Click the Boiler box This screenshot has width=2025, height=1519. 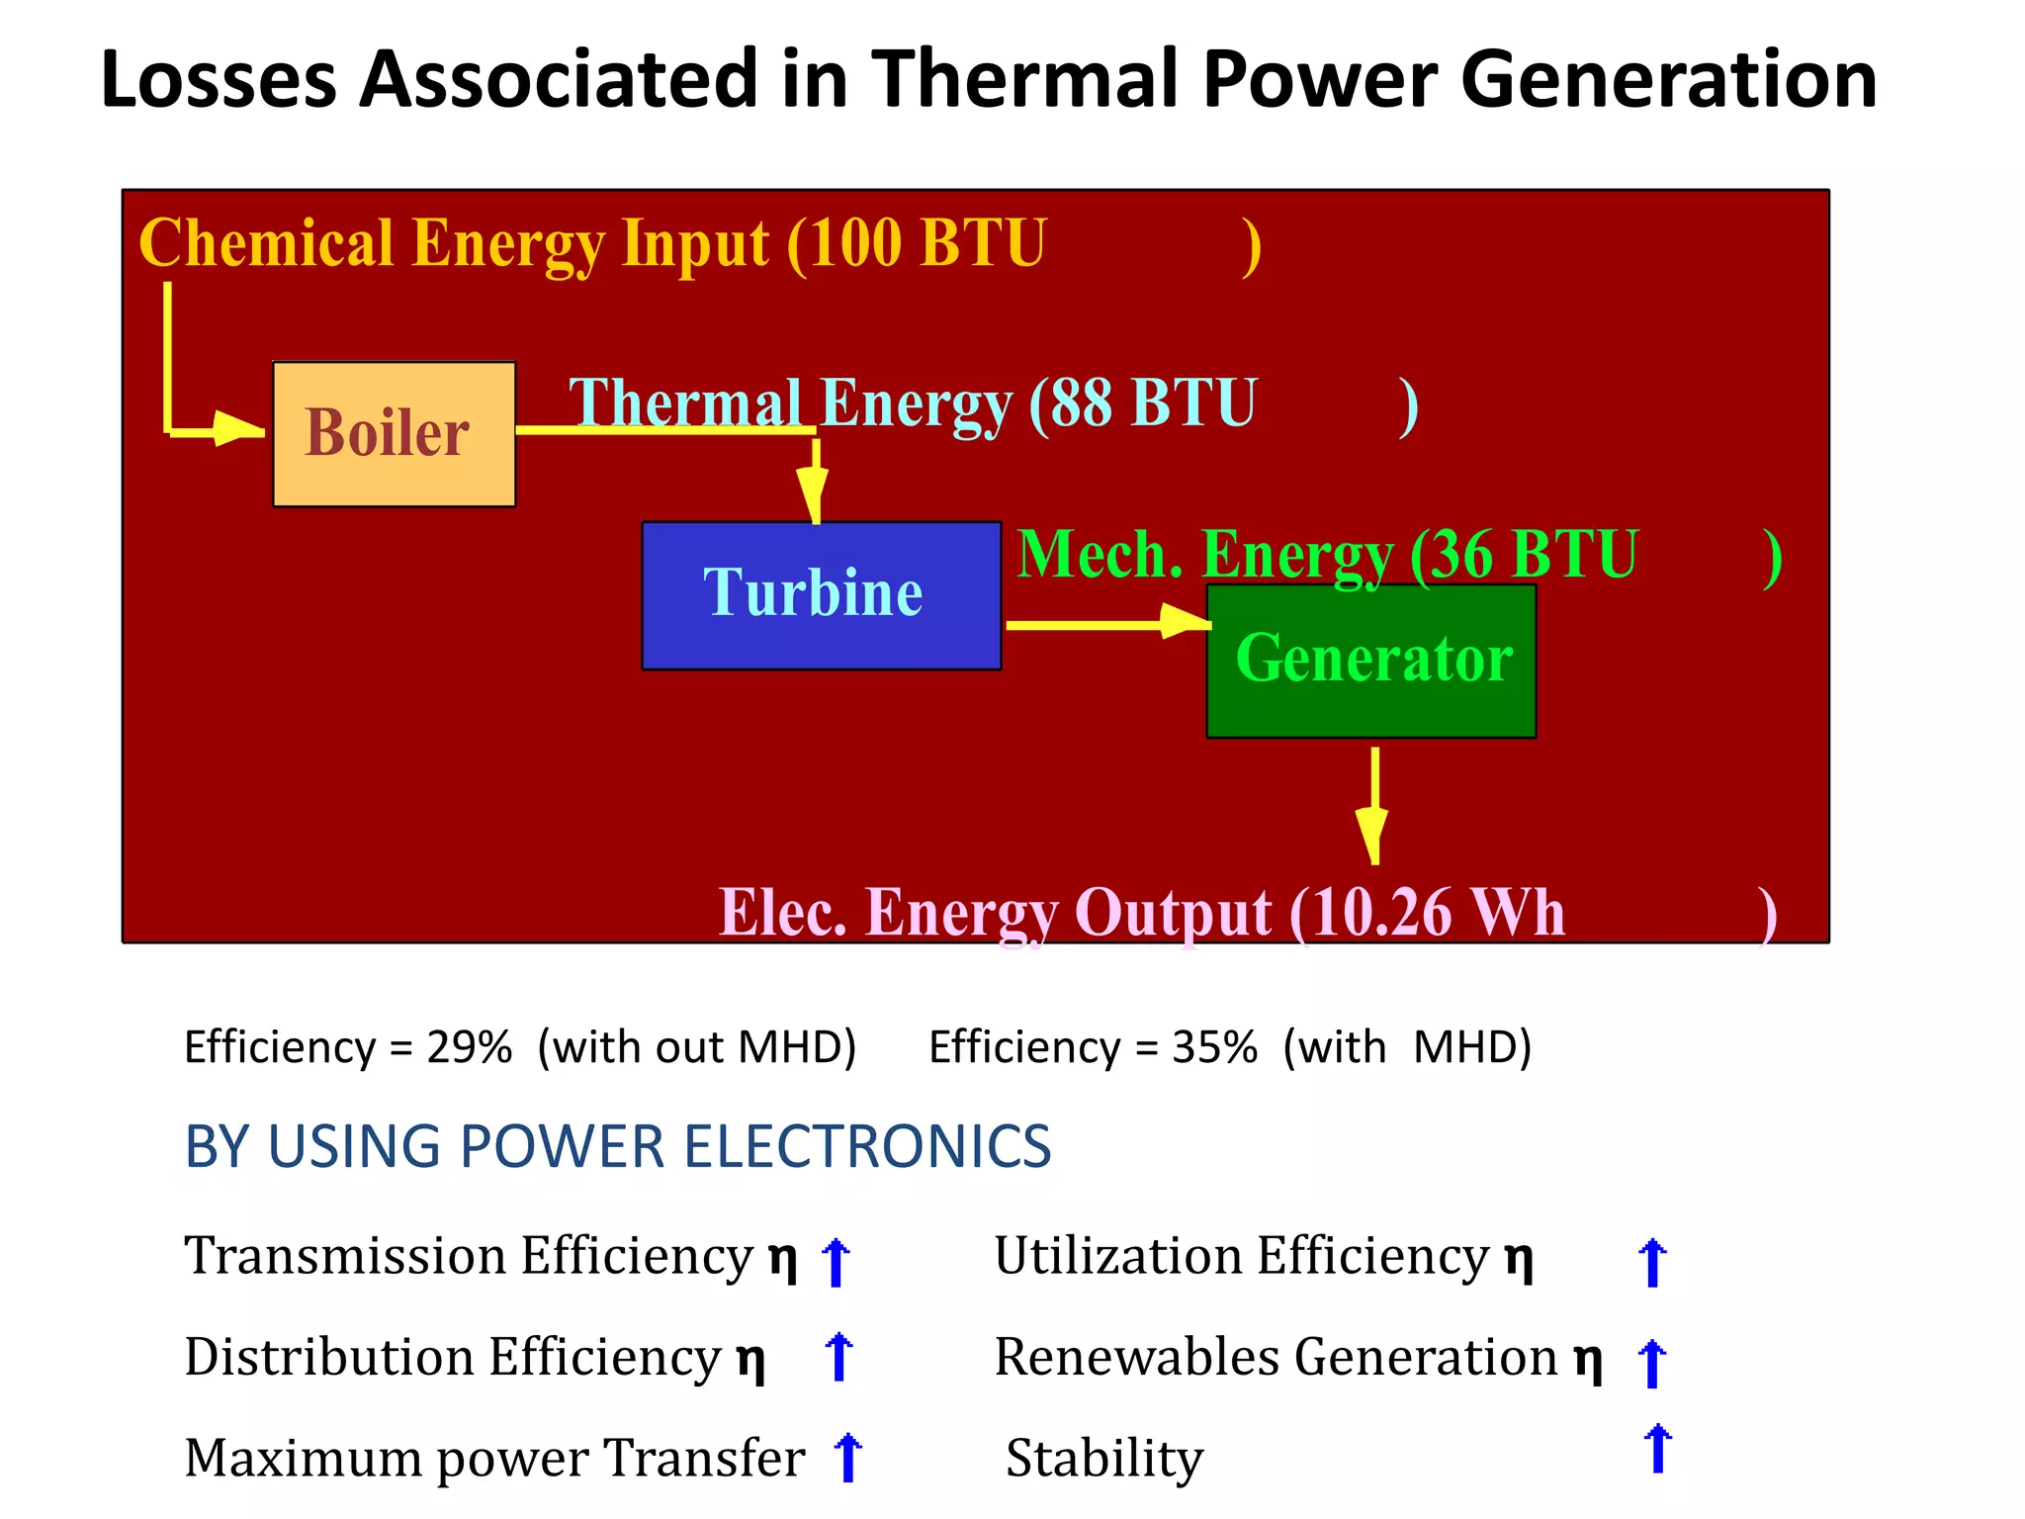pos(394,434)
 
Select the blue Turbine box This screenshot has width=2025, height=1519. pos(821,595)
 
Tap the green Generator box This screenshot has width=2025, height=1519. pos(1370,661)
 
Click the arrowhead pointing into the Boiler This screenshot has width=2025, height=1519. pos(237,429)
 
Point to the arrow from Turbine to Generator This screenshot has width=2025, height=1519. pos(1107,624)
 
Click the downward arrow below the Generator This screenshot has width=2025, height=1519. pos(1373,806)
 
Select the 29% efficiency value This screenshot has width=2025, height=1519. pos(469,1047)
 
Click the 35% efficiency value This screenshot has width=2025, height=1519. pos(1214,1047)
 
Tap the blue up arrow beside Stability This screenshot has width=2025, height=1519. pos(1657,1449)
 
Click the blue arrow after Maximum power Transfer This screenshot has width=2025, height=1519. pos(847,1458)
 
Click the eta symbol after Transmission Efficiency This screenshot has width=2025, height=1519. pos(783,1259)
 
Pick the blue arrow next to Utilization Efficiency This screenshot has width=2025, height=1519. pos(1652,1263)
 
